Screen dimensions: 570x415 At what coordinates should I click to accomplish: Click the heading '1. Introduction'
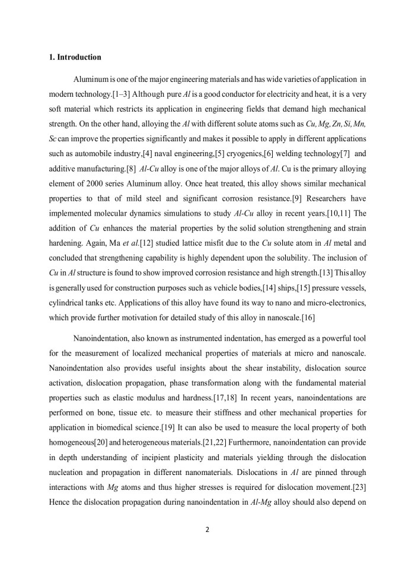(x=75, y=58)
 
